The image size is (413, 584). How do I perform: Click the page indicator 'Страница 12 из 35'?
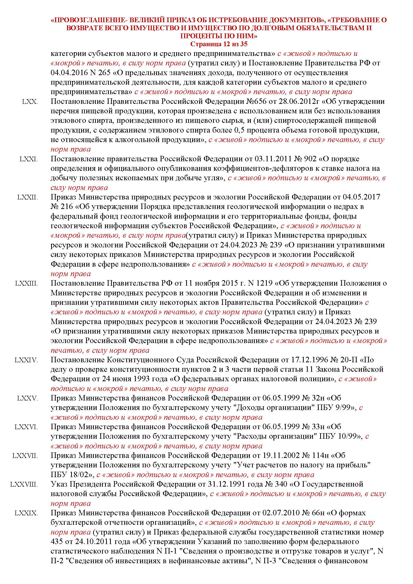pyautogui.click(x=219, y=44)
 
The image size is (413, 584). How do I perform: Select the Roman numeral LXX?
pyautogui.click(x=30, y=102)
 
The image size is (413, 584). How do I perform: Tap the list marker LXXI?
pyautogui.click(x=29, y=159)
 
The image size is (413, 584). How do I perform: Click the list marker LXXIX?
pyautogui.click(x=26, y=513)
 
